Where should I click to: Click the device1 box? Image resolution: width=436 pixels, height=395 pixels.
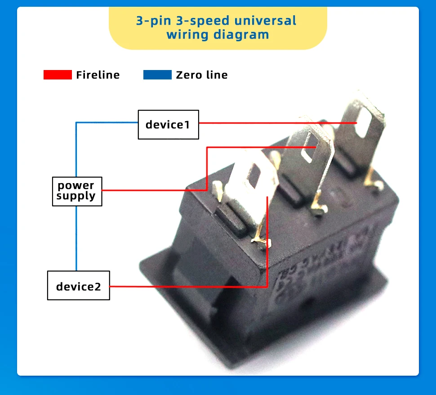pos(168,124)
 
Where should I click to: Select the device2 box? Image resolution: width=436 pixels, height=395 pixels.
pos(78,285)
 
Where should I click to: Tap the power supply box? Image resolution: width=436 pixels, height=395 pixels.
pos(77,191)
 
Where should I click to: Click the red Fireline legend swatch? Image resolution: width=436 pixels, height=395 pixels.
pos(58,75)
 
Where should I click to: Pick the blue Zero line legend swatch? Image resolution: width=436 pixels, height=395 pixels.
pos(157,75)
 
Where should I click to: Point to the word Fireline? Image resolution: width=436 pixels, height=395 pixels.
pos(98,75)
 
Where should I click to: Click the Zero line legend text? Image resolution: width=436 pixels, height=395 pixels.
pos(202,75)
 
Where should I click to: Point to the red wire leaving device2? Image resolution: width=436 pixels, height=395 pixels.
pos(189,286)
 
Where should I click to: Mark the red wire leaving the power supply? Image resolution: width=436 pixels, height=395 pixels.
pos(153,190)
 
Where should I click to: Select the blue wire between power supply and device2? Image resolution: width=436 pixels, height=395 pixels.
pos(76,238)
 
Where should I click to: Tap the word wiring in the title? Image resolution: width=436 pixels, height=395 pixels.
pos(187,35)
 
